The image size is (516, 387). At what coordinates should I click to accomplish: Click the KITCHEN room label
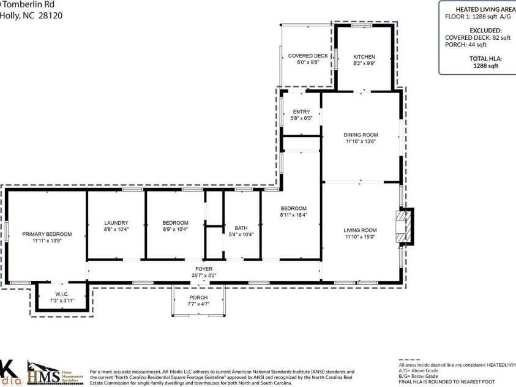click(x=364, y=56)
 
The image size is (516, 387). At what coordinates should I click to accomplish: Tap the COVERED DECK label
click(x=305, y=56)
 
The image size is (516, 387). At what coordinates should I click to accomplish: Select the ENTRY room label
click(x=301, y=112)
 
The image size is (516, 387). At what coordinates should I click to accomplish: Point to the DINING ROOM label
click(x=361, y=135)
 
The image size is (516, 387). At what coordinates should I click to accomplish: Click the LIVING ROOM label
click(x=360, y=230)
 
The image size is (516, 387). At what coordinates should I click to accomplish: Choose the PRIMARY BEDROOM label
click(x=47, y=234)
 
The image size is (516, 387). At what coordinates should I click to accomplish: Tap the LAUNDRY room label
click(x=116, y=222)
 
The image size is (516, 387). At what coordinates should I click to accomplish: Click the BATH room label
click(x=241, y=228)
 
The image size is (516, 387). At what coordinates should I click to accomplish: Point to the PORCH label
click(x=198, y=298)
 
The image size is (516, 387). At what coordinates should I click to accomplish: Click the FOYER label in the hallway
click(x=203, y=269)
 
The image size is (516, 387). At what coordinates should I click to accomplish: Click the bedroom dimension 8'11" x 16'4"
click(x=293, y=215)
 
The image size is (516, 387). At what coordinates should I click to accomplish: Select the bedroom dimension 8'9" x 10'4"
click(x=175, y=229)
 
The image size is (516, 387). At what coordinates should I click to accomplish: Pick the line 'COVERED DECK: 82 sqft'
click(x=477, y=37)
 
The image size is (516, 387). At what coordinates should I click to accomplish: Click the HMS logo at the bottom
click(x=44, y=373)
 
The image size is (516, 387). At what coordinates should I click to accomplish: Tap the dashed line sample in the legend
click(x=410, y=361)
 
